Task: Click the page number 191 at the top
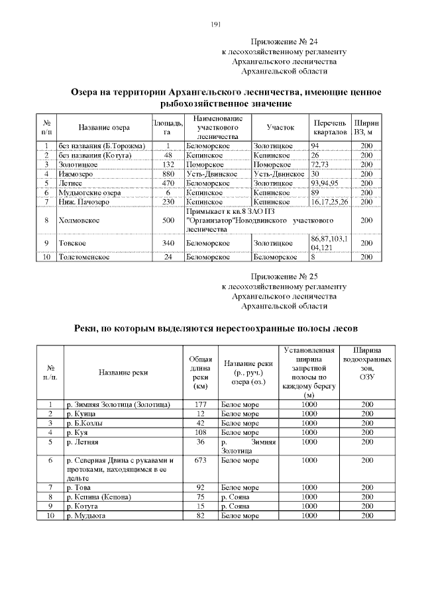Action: point(215,24)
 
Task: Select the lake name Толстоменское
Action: point(83,257)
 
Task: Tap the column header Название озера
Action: point(104,127)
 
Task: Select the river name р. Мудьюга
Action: point(86,515)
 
